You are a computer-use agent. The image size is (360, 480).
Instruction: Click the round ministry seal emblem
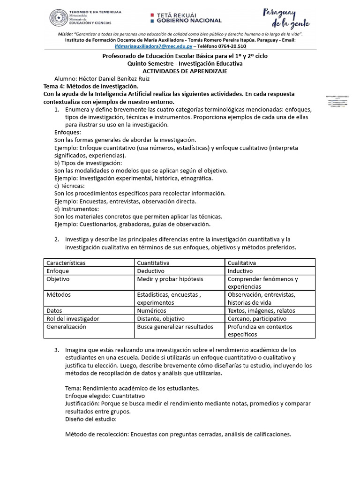coord(58,19)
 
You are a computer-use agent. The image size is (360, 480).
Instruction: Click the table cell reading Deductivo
coord(154,271)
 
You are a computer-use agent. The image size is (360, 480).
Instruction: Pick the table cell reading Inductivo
coord(240,271)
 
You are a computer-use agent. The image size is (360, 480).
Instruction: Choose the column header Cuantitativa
coord(153,263)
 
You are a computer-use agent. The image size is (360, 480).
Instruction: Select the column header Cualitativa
coord(242,263)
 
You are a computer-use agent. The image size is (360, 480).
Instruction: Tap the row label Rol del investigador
coord(73,319)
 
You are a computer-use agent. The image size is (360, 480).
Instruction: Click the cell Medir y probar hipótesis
coord(170,279)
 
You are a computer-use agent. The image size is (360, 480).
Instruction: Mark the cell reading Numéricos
coord(151,311)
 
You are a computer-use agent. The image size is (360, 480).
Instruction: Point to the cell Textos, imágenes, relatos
coord(261,311)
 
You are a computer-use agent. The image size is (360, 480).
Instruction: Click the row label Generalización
coord(66,327)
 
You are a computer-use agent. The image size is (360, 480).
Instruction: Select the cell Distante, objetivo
coord(161,319)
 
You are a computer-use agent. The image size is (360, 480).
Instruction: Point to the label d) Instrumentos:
coord(77,209)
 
